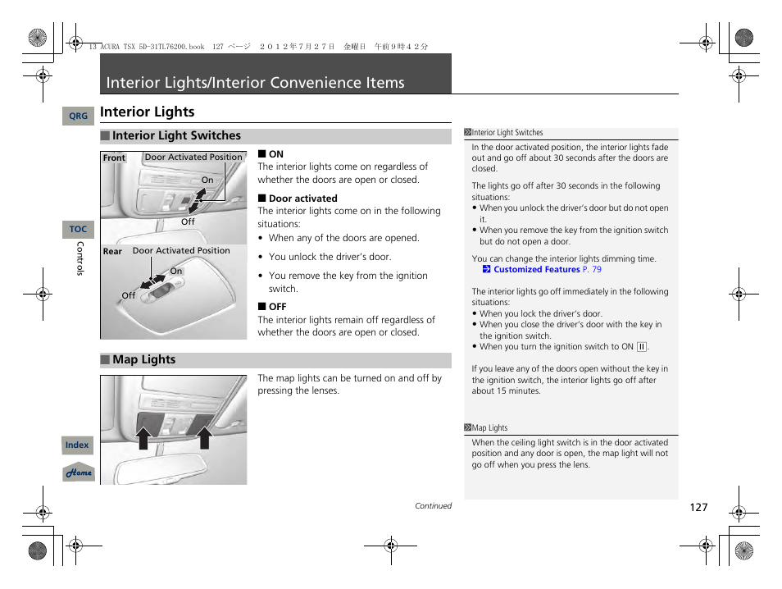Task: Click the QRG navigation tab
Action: pos(78,116)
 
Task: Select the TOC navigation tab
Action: pos(78,230)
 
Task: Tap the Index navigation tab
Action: pos(77,445)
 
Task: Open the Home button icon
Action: pos(79,473)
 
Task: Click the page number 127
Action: pos(698,508)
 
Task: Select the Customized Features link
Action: pos(536,269)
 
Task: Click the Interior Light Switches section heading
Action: pos(176,136)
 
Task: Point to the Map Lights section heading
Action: pos(143,360)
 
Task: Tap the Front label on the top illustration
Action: pos(114,158)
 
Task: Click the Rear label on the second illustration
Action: pos(112,252)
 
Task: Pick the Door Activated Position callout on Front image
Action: pos(193,158)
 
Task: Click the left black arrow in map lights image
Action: pos(143,438)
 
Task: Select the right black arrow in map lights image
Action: pos(205,438)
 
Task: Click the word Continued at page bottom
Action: pos(433,506)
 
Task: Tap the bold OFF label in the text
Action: pos(277,307)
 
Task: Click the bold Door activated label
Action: pos(302,199)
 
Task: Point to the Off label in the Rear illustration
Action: pos(129,295)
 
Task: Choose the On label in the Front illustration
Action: pos(207,180)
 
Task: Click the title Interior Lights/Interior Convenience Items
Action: pos(256,83)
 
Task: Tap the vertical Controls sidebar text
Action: pos(80,258)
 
